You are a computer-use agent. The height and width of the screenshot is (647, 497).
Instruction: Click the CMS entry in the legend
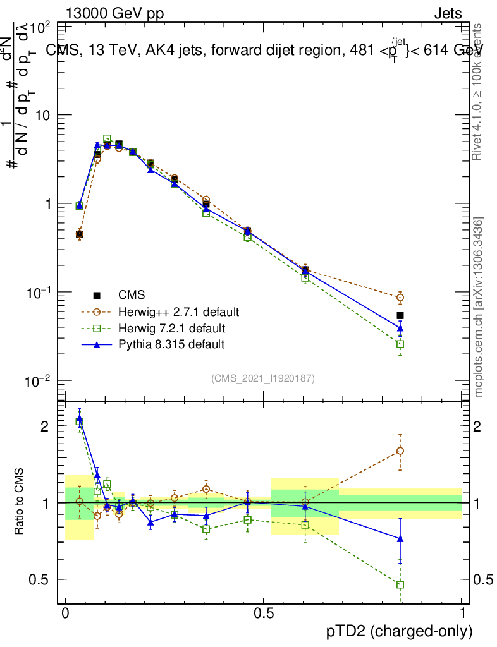click(x=132, y=294)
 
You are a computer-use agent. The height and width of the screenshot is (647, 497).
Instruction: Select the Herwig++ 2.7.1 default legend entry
click(x=178, y=311)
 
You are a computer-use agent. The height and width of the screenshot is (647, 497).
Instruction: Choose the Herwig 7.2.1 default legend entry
click(x=171, y=328)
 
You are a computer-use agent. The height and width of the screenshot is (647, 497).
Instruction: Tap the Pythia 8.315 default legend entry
click(x=171, y=344)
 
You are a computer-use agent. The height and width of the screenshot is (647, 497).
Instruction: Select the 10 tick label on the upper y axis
click(x=42, y=115)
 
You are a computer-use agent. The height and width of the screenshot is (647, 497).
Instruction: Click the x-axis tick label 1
click(x=462, y=614)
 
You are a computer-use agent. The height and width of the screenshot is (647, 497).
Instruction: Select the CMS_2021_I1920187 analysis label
click(x=263, y=378)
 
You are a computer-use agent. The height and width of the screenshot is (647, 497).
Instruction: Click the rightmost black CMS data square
click(x=400, y=315)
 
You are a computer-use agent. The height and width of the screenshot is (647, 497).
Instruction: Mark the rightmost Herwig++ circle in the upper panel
click(x=400, y=298)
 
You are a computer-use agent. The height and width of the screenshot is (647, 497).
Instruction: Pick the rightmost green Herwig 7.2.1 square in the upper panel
click(x=400, y=344)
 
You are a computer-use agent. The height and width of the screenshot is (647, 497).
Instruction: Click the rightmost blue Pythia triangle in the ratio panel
click(x=400, y=538)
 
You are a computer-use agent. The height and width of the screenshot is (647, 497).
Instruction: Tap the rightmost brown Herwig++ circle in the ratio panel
click(x=400, y=450)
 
